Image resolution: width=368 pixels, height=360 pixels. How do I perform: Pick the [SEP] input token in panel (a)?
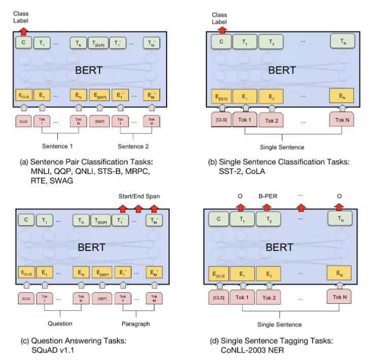pos(99,122)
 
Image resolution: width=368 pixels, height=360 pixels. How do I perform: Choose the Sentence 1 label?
pos(58,147)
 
